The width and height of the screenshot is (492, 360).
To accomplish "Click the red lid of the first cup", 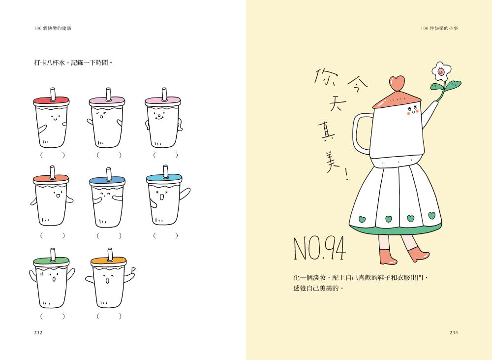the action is pos(51,101).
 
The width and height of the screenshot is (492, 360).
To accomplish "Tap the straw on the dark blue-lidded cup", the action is pos(109,174).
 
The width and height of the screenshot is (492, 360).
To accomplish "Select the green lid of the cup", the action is pos(51,261).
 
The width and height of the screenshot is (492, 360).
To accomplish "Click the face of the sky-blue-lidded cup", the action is pos(161,195).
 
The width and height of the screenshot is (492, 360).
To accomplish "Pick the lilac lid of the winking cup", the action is pos(107,101).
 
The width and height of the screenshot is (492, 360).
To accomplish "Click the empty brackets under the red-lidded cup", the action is pos(53,155).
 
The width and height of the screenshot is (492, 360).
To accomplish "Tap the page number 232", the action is pos(38,332).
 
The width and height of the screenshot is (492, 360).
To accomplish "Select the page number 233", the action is pos(454,332).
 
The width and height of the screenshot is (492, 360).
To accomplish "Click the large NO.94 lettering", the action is pos(319,249).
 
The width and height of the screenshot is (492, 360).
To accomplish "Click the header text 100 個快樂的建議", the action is pos(53,28).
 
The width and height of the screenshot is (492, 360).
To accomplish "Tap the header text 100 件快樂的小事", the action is pos(439,28).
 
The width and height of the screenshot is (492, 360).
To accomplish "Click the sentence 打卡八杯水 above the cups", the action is pos(49,63).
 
